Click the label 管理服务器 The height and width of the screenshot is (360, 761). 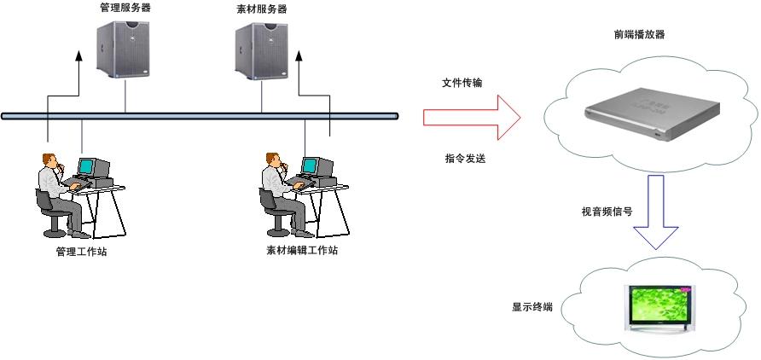(x=125, y=9)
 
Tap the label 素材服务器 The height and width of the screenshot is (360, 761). (x=262, y=9)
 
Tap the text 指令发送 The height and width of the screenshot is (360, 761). (x=465, y=158)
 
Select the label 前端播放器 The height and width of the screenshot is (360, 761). (x=639, y=35)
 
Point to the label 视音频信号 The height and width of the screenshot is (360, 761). (x=607, y=212)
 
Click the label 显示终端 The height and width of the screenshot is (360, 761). (x=532, y=306)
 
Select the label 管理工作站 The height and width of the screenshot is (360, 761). (x=81, y=252)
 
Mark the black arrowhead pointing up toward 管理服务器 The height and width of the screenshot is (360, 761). (x=78, y=57)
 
